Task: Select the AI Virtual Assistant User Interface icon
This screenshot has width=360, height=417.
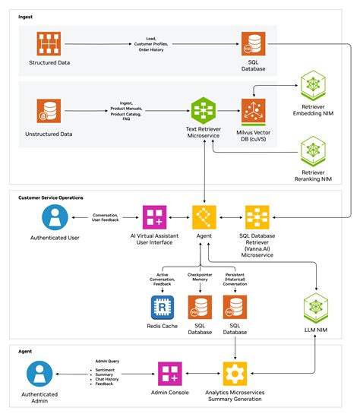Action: click(x=156, y=219)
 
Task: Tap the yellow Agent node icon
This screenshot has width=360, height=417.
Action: click(x=203, y=219)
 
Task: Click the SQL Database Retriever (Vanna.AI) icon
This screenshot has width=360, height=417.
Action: click(x=254, y=219)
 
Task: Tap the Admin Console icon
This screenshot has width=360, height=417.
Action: click(x=168, y=373)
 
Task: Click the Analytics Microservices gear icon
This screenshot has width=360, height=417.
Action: click(x=235, y=373)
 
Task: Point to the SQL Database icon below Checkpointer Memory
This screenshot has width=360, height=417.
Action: click(x=200, y=308)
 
